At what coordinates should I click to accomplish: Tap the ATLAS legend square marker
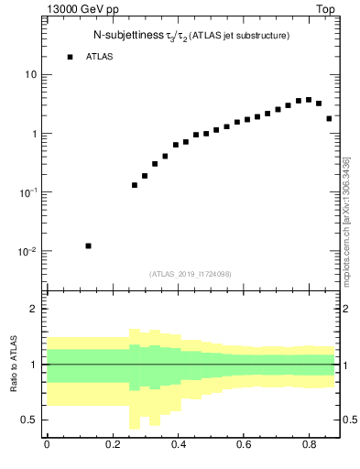click(x=70, y=57)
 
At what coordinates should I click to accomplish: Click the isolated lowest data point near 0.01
click(x=88, y=245)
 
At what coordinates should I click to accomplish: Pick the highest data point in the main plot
click(x=309, y=100)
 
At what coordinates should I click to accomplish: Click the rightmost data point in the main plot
click(x=329, y=118)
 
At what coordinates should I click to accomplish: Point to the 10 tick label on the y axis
click(x=29, y=74)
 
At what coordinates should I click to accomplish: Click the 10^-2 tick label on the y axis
click(x=27, y=251)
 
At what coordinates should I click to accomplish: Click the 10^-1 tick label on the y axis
click(x=27, y=192)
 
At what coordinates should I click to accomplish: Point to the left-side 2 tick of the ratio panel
click(x=34, y=309)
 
